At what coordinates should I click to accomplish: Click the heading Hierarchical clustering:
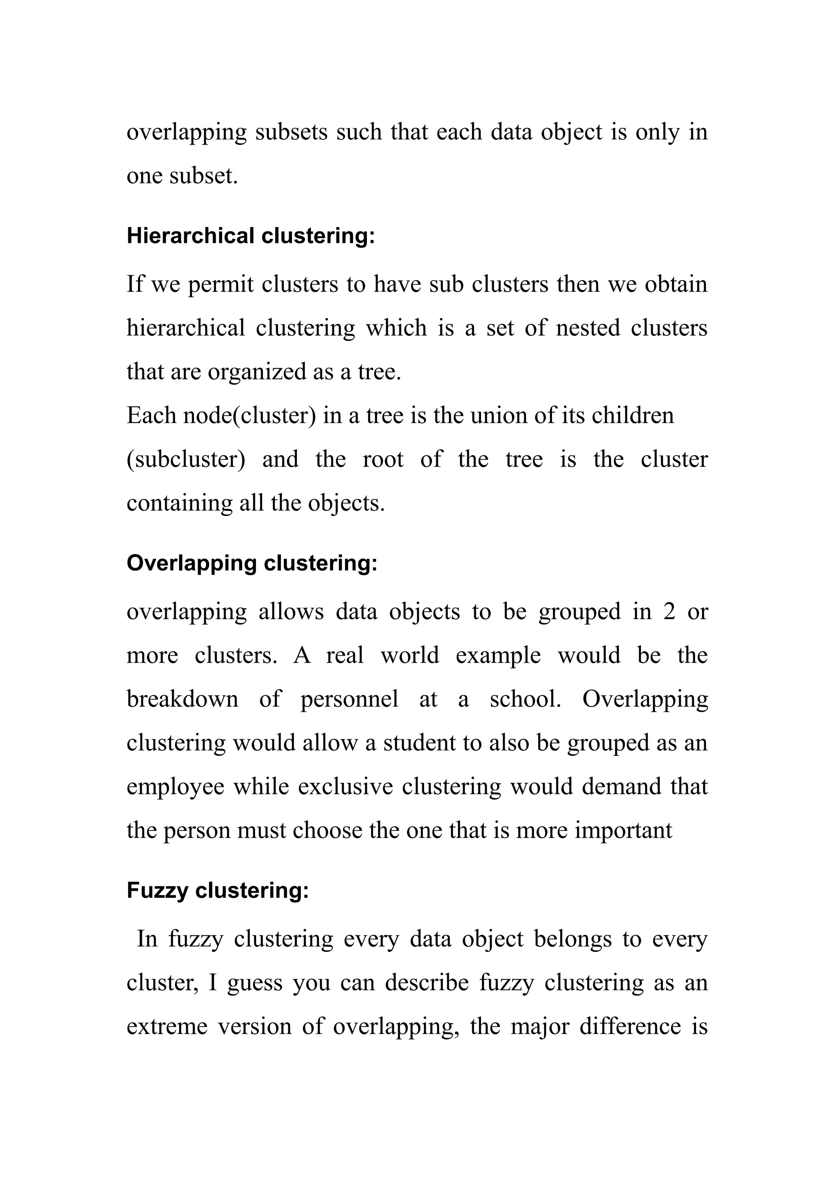click(251, 236)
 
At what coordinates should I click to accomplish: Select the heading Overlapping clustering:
click(252, 563)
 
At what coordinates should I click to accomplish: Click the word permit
click(221, 285)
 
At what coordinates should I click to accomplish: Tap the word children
click(632, 416)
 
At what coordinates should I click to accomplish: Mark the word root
click(383, 459)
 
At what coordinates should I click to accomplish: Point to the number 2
click(669, 612)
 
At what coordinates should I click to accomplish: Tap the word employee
click(175, 787)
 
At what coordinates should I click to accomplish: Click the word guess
click(255, 983)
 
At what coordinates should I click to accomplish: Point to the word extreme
click(167, 1027)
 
